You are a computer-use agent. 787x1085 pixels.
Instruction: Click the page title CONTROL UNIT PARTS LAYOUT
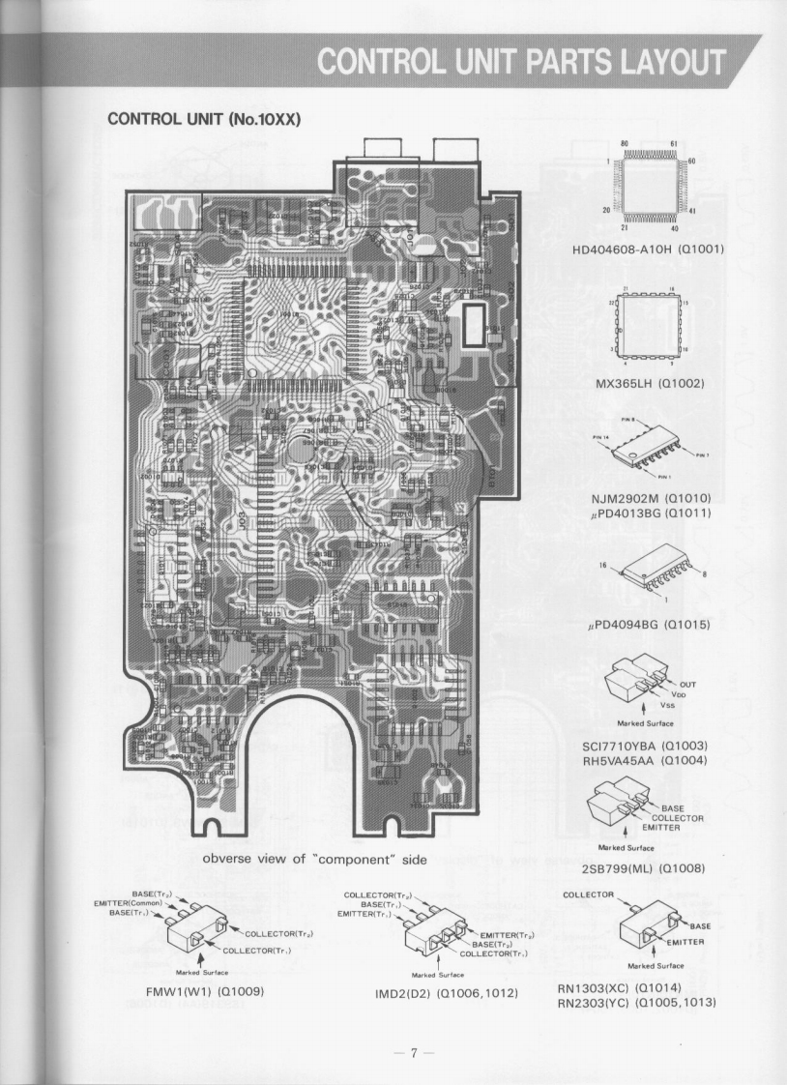522,60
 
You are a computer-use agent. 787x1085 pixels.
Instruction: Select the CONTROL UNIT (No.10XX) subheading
204,120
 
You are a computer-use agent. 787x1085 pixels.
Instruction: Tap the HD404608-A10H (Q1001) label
647,249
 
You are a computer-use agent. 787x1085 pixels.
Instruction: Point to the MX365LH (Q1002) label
648,384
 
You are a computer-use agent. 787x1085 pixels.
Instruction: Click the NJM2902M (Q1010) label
651,498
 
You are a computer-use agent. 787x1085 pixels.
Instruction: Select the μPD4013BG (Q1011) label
651,513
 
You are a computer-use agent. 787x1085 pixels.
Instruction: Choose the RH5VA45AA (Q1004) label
646,761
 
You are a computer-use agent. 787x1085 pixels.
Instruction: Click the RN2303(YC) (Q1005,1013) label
635,1003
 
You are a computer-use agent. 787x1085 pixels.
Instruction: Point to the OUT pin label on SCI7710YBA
687,685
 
